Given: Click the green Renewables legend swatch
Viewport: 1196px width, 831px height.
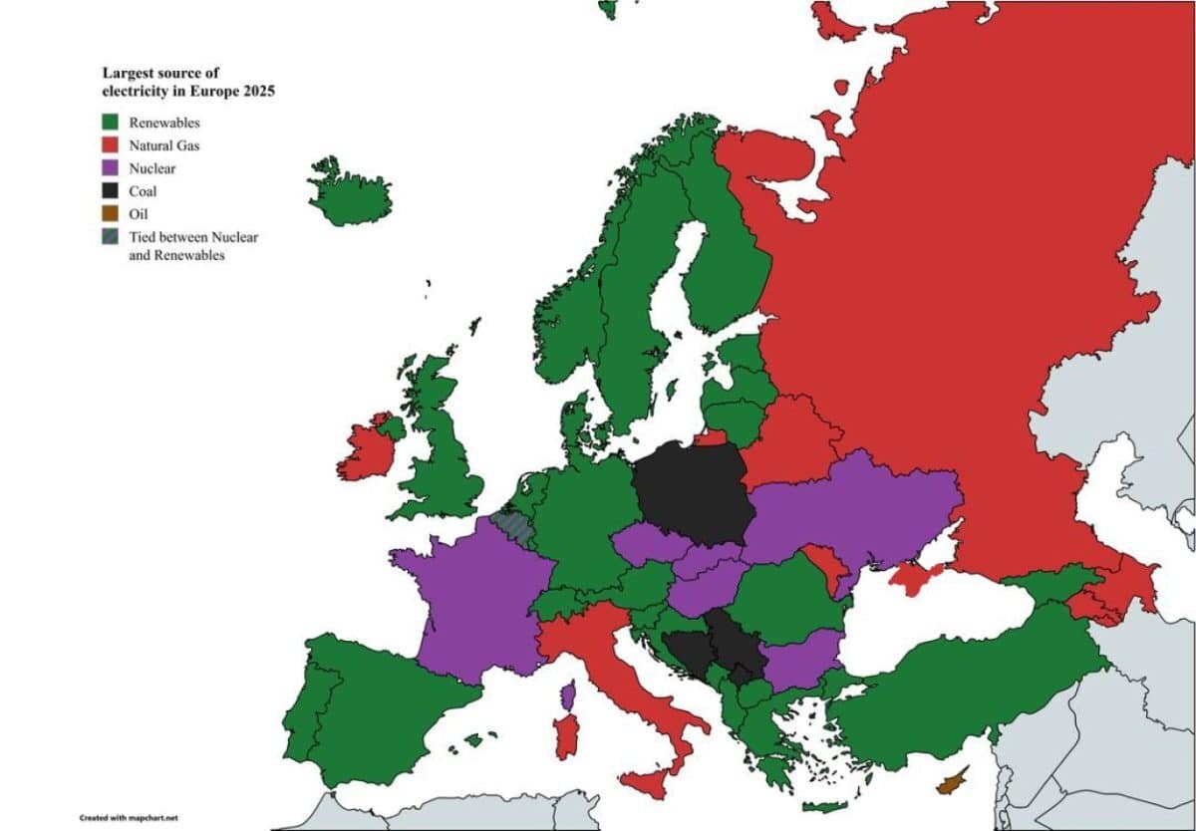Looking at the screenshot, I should click(111, 122).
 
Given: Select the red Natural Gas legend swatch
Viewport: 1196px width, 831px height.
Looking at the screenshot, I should click(111, 144).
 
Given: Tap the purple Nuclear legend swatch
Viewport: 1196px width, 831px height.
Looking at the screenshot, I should click(111, 167).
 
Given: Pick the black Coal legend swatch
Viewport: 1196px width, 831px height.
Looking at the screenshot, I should click(111, 190).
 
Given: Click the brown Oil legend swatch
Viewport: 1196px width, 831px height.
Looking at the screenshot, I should click(111, 213).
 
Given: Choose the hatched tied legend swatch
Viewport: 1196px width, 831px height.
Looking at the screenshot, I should click(111, 237).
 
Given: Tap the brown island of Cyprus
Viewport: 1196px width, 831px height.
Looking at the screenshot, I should click(952, 780).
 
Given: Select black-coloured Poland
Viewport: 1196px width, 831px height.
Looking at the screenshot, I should click(694, 491).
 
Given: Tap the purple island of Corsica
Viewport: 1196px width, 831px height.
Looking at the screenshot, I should click(568, 694).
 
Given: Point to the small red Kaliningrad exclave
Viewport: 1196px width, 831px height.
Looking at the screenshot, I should click(710, 437).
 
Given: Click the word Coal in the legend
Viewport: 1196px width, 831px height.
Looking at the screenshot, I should click(143, 191).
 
